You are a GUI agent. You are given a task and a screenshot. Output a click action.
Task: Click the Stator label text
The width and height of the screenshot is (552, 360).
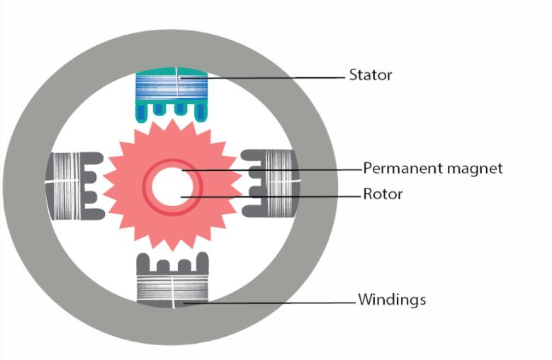[x=370, y=74]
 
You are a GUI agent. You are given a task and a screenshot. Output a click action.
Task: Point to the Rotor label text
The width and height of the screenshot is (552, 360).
[x=382, y=194]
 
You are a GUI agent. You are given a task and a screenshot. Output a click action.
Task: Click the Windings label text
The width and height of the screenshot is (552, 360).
[x=392, y=300]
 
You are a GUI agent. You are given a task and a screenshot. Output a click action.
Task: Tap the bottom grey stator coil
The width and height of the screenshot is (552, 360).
[x=172, y=287]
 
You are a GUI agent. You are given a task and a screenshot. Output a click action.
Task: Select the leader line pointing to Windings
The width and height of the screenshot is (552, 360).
[x=269, y=303]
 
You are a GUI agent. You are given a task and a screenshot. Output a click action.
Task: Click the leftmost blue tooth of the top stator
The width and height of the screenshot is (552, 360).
[x=142, y=113]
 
